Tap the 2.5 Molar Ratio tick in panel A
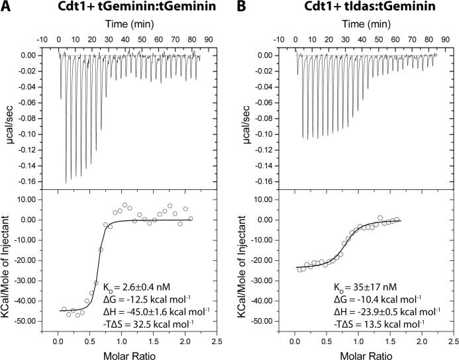click(x=216, y=341)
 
